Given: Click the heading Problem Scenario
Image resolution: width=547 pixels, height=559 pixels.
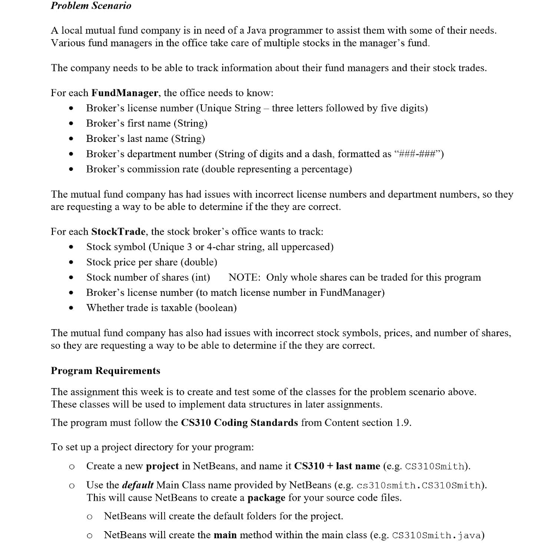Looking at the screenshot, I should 91,6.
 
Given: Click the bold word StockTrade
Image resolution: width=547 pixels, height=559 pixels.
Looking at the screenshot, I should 118,231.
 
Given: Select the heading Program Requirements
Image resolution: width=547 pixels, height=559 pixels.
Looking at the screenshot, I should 105,371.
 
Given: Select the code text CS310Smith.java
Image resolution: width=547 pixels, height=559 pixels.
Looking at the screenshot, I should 438,536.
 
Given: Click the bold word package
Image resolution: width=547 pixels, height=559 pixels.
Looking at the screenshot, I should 266,498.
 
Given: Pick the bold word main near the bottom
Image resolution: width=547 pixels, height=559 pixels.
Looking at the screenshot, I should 225,535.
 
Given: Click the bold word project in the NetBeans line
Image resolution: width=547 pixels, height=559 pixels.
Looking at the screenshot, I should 163,466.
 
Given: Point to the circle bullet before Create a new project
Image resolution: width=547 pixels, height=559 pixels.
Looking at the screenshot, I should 72,467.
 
